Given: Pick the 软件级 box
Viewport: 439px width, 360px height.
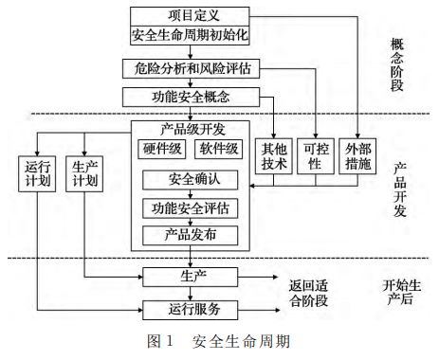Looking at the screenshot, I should (x=218, y=149).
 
